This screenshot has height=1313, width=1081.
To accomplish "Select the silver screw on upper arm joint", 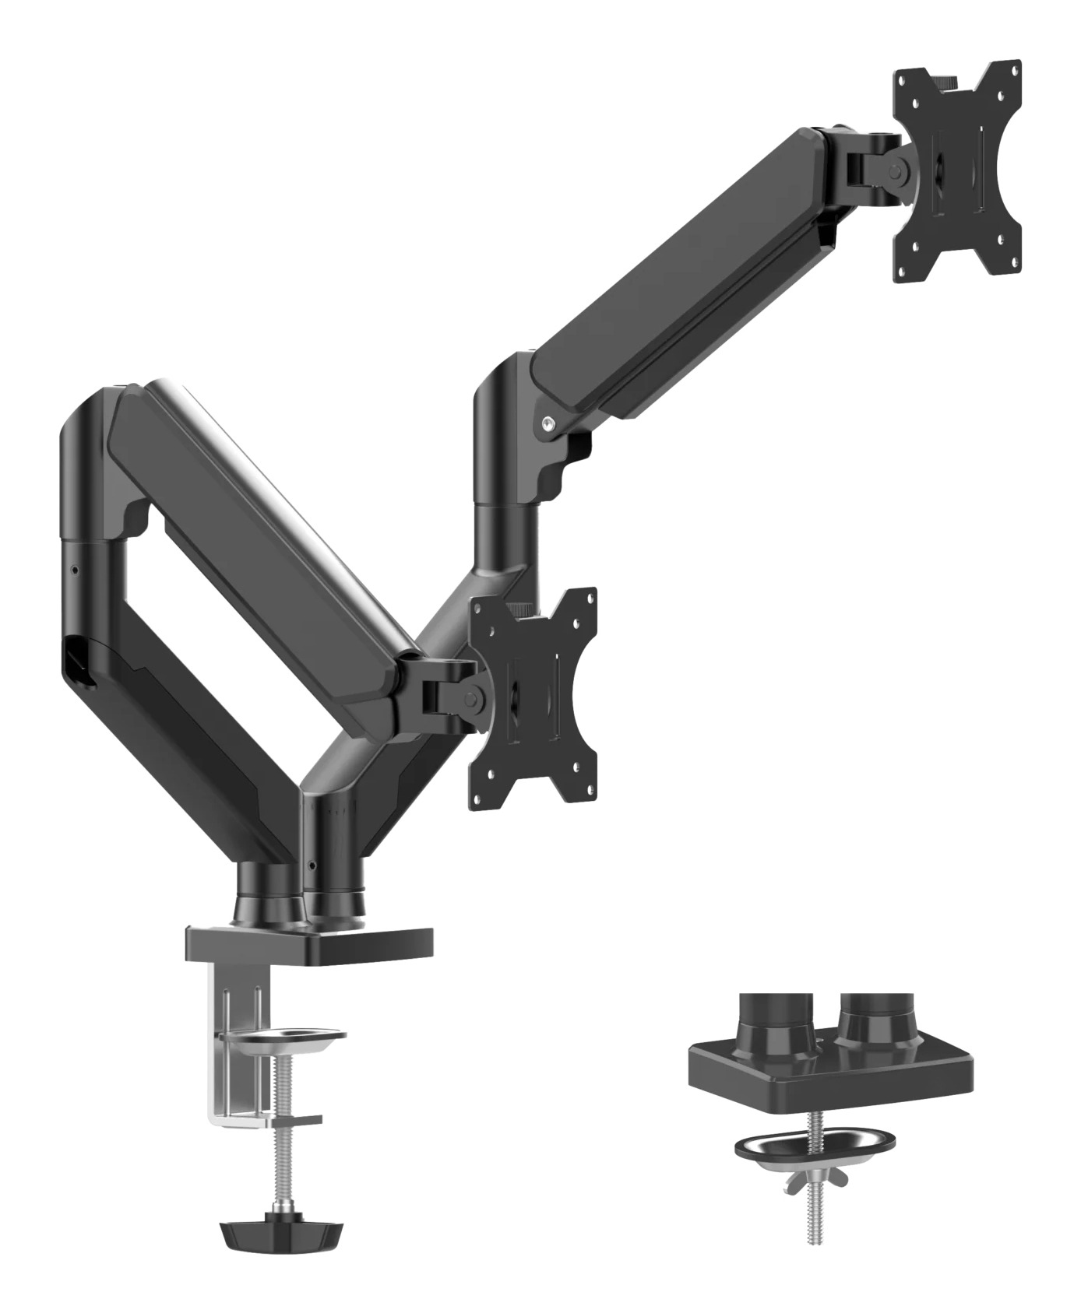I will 550,423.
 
